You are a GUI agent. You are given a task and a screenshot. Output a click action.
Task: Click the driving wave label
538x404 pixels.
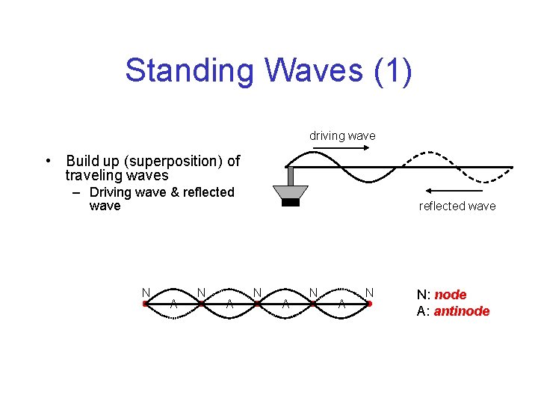click(x=342, y=136)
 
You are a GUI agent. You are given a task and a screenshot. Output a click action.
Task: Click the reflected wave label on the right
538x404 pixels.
click(x=457, y=206)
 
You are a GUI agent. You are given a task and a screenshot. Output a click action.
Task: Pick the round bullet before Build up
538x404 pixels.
click(x=47, y=161)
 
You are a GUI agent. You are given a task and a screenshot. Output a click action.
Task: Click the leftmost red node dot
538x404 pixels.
click(x=145, y=304)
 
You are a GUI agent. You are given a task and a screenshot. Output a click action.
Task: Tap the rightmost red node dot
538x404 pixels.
click(x=369, y=304)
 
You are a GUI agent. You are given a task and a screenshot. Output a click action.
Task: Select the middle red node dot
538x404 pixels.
click(x=257, y=304)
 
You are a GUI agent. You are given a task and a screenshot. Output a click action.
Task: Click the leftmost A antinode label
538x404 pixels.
click(x=173, y=304)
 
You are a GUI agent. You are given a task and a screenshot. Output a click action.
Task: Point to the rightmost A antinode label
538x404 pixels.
click(x=341, y=304)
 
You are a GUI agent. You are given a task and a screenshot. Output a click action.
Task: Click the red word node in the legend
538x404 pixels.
click(x=450, y=295)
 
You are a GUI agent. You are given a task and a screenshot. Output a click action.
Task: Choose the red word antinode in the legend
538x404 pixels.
click(x=462, y=311)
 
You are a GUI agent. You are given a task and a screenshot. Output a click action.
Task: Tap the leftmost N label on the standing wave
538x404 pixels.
click(x=146, y=292)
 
